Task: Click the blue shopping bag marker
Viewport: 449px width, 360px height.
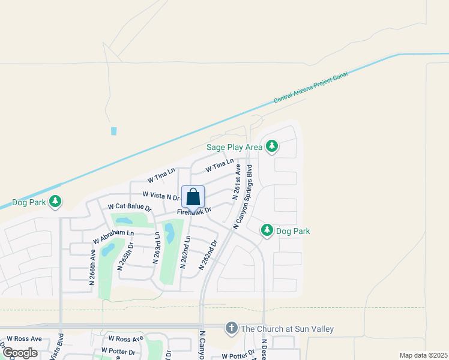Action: click(x=193, y=197)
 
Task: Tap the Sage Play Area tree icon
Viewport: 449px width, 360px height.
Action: click(x=272, y=146)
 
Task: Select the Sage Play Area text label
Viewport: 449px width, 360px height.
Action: click(x=234, y=146)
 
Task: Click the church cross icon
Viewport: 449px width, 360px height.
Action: click(x=231, y=328)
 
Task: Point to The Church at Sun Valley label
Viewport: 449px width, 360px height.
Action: click(x=287, y=329)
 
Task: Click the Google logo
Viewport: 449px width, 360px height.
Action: click(x=20, y=353)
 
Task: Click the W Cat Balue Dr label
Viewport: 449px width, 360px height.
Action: click(x=129, y=206)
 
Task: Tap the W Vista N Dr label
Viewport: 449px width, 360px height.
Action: click(x=161, y=195)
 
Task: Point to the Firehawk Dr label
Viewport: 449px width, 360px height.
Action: click(x=194, y=211)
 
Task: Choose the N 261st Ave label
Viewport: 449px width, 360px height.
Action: click(x=237, y=181)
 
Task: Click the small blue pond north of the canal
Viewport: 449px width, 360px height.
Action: click(x=114, y=131)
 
